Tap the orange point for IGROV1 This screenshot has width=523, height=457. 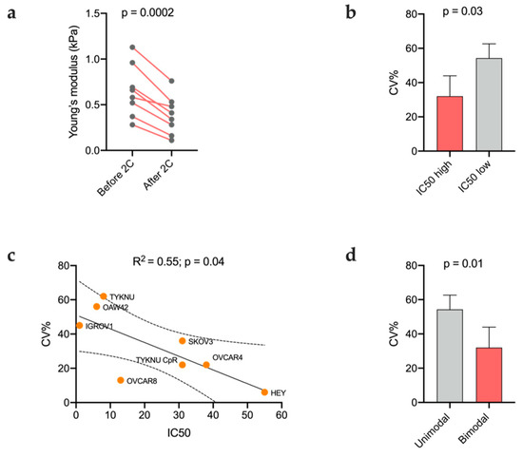(x=79, y=326)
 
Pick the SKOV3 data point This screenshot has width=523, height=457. (x=182, y=341)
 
